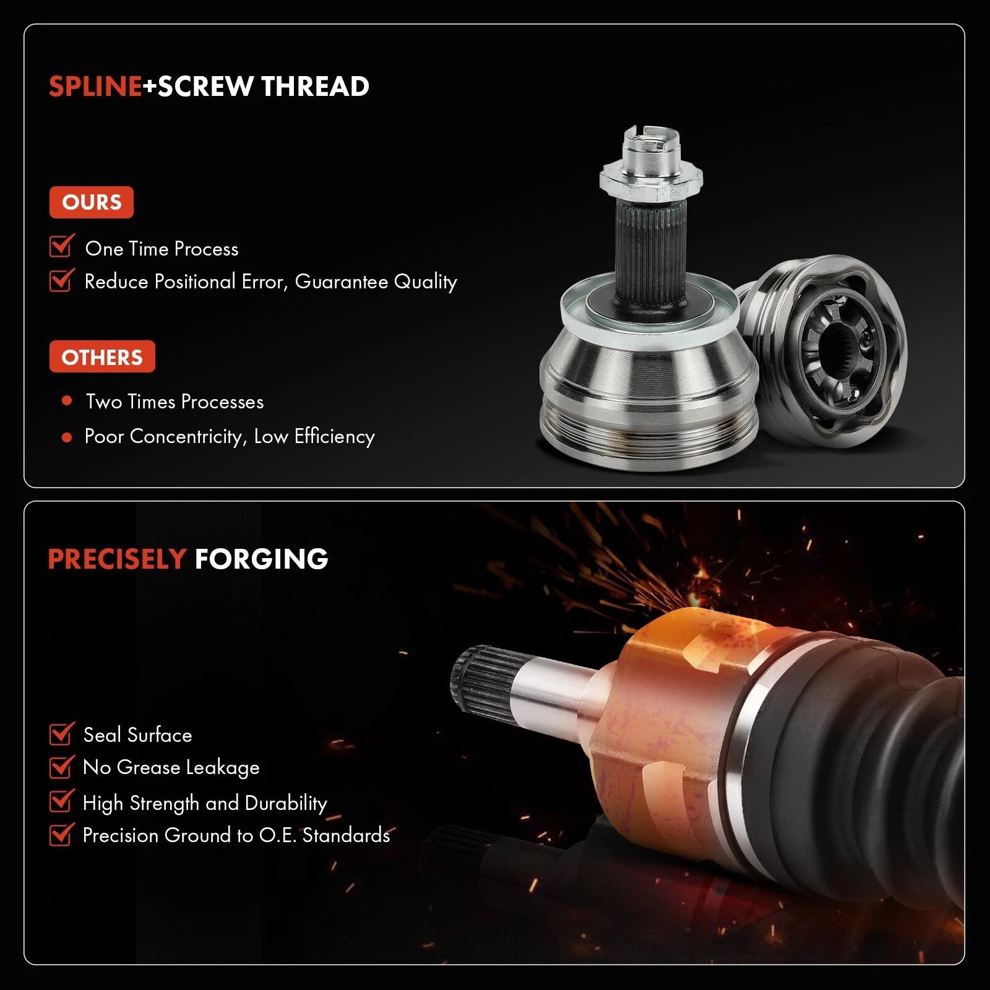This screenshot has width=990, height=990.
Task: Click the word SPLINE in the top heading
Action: pos(95,87)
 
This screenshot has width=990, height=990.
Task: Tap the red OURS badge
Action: pos(92,202)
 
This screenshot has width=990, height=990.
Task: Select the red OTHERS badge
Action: pos(102,357)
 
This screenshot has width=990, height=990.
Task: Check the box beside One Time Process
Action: pos(62,246)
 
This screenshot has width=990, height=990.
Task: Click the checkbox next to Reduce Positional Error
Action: pos(62,279)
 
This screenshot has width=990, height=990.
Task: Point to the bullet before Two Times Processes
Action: pos(67,401)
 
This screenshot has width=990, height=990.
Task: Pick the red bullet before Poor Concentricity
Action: pos(67,437)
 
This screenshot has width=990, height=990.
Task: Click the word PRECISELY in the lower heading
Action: pos(117,559)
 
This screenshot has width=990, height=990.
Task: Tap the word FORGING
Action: pos(261,559)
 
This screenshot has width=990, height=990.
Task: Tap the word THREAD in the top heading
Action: pos(315,87)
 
